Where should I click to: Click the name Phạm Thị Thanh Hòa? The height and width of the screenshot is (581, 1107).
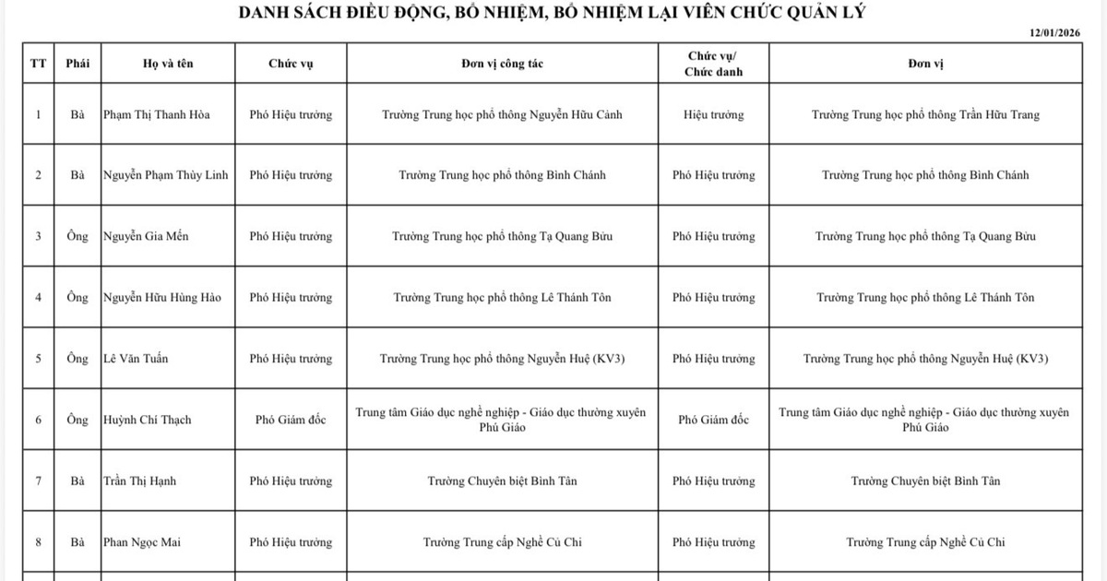(157, 115)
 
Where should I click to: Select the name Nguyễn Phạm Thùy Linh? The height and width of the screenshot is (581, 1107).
(166, 175)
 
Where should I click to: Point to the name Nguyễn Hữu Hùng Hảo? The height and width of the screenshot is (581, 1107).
(162, 298)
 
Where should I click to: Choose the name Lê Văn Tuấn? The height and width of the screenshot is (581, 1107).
(134, 359)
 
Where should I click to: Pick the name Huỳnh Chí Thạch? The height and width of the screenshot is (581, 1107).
(148, 421)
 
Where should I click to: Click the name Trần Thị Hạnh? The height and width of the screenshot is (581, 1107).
(140, 481)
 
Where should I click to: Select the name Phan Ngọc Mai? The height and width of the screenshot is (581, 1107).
(142, 542)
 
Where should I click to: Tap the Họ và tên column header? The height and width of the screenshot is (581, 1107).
(169, 65)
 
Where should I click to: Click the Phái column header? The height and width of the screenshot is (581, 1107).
(77, 65)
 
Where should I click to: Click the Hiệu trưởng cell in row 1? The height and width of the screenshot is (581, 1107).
(713, 115)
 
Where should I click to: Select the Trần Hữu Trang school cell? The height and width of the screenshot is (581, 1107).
(925, 115)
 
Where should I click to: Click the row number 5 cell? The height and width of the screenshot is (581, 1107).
(38, 359)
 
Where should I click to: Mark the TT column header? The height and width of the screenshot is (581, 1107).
(38, 65)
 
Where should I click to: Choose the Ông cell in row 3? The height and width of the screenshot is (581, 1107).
(77, 236)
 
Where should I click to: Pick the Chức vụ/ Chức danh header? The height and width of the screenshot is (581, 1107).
(713, 64)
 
